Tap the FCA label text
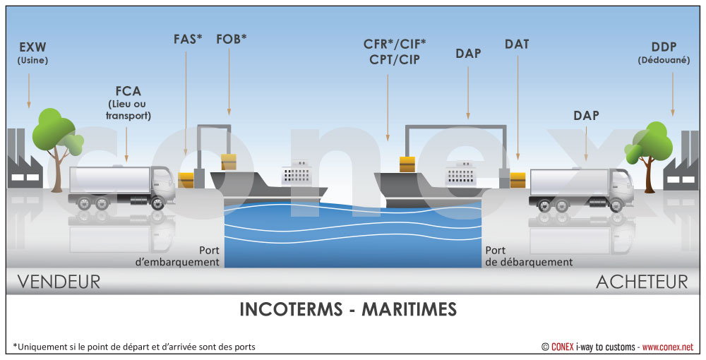[x=128, y=91]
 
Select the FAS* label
[x=187, y=39]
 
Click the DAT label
[x=517, y=44]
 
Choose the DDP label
[x=664, y=46]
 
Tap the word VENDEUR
[x=59, y=282]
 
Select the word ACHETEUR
[x=641, y=282]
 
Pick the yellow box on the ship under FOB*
[x=229, y=162]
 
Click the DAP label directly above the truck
[x=586, y=115]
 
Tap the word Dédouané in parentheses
[x=664, y=60]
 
